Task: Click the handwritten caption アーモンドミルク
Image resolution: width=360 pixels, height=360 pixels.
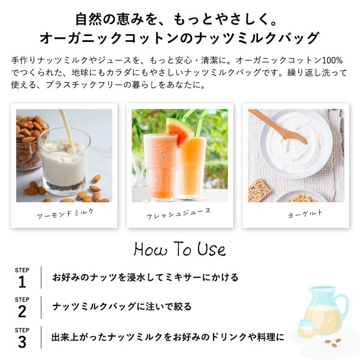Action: point(65,214)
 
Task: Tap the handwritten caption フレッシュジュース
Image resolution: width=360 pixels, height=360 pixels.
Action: point(178,214)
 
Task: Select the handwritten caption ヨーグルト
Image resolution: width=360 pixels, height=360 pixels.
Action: point(305,214)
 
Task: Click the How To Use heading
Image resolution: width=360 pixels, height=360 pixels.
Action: point(180,249)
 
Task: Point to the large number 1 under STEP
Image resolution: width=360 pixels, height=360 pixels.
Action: point(22,282)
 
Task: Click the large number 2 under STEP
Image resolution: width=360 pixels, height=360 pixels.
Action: point(22,311)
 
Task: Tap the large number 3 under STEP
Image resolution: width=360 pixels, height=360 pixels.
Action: point(22,342)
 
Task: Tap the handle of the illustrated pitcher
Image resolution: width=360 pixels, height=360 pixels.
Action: point(343,305)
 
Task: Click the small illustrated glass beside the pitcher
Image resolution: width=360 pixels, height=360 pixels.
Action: point(305,328)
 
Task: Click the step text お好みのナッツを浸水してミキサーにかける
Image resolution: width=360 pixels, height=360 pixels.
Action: point(145,277)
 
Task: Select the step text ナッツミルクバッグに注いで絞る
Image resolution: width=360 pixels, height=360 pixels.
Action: point(122,307)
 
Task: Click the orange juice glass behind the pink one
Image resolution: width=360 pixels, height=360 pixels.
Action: point(193,166)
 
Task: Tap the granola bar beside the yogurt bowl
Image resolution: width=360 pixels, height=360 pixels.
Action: point(259,190)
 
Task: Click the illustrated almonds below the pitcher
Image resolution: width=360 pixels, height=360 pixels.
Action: point(332,343)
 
